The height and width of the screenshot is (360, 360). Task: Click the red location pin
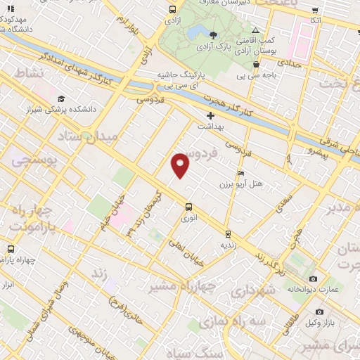(x=181, y=165)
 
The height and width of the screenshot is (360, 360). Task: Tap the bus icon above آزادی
(x=173, y=10)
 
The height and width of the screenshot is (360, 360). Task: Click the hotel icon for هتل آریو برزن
(x=241, y=173)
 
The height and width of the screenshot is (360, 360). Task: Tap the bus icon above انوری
(x=188, y=207)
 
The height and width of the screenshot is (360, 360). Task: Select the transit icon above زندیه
(x=228, y=234)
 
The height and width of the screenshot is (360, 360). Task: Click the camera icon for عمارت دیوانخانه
(x=313, y=279)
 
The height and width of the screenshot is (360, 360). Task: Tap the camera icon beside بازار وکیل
(x=319, y=311)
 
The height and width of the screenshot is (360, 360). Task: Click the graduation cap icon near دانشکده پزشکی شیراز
(x=61, y=99)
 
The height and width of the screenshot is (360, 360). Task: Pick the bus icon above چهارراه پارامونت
(x=10, y=249)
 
